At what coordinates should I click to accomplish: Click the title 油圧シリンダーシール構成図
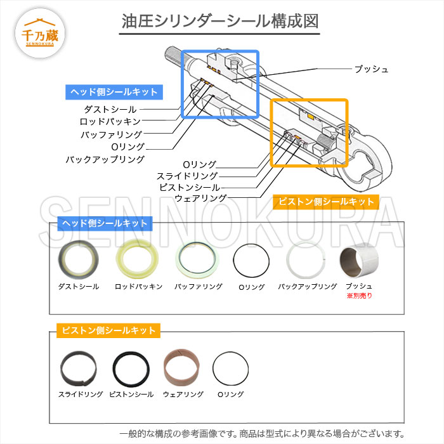[x=221, y=21]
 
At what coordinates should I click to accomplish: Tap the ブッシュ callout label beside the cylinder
[x=371, y=69]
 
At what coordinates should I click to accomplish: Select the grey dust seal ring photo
[x=79, y=261]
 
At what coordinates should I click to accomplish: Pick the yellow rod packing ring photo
[x=138, y=261]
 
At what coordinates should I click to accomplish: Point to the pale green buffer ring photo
[x=198, y=261]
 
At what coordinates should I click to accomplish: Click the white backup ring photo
[x=307, y=261]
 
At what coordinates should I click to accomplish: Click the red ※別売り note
[x=359, y=296]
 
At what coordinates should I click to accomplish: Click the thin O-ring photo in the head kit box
[x=251, y=261]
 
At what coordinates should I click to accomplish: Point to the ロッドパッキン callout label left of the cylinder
[x=110, y=121]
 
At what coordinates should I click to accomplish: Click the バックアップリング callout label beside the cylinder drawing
[x=105, y=159]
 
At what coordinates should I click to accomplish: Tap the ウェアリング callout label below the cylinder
[x=200, y=199]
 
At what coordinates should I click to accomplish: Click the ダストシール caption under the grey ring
[x=79, y=287]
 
